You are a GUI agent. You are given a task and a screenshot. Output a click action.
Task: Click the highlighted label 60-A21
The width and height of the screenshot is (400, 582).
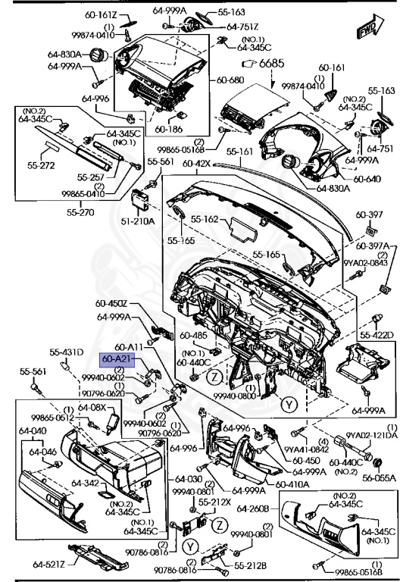(117, 358)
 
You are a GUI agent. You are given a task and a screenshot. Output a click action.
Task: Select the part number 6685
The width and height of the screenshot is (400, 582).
(270, 64)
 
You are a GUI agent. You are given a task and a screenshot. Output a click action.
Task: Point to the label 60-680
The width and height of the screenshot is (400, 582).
(230, 80)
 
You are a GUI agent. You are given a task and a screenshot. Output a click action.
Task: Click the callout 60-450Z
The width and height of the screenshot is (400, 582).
(113, 305)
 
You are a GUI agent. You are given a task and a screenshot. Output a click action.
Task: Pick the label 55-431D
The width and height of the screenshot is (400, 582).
(66, 352)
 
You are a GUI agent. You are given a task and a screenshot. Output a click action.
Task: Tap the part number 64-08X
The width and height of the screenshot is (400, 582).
(93, 407)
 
